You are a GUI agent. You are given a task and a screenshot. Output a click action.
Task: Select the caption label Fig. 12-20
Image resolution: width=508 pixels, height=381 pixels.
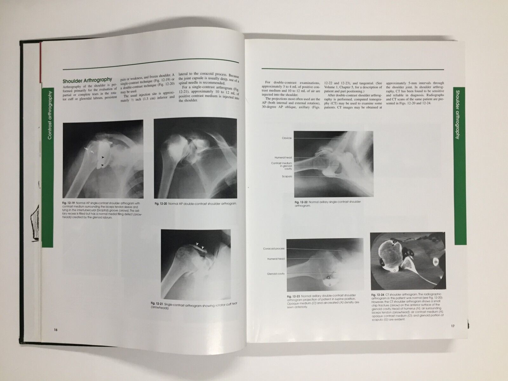tap(161, 203)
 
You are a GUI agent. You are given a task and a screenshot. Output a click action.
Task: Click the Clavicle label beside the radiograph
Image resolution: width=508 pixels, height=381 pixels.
tap(287, 138)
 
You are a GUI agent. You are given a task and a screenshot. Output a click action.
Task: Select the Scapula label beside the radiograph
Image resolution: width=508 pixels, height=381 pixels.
tap(287, 176)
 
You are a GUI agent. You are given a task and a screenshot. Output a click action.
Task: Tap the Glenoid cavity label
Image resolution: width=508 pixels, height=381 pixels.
tap(276, 274)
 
